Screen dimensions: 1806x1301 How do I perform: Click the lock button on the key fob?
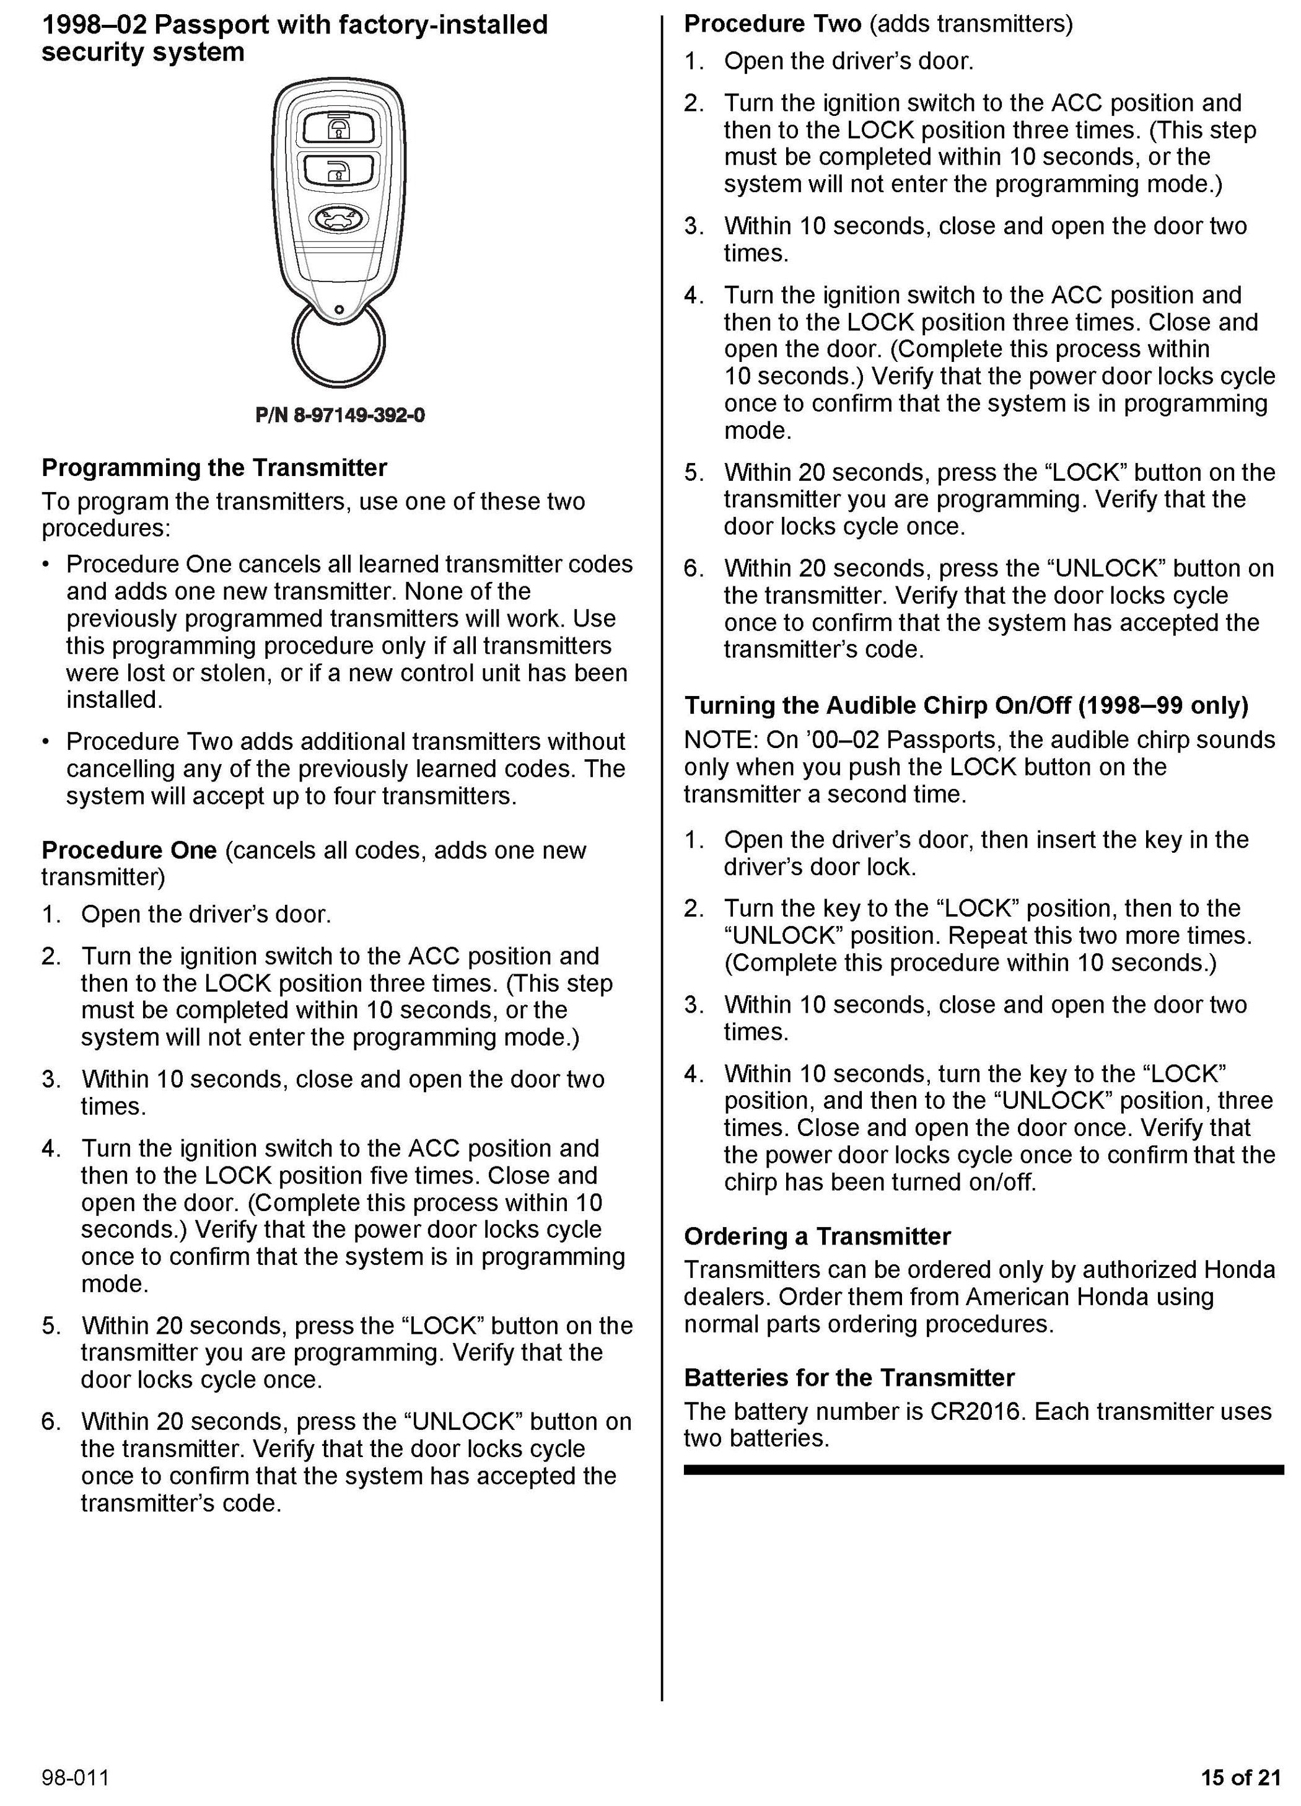pyautogui.click(x=338, y=128)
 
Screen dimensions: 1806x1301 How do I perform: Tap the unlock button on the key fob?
pyautogui.click(x=338, y=170)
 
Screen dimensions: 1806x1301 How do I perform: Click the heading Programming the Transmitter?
pyautogui.click(x=214, y=467)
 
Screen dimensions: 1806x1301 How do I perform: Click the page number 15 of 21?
pyautogui.click(x=1240, y=1777)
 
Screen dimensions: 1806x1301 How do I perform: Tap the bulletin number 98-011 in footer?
pyautogui.click(x=76, y=1777)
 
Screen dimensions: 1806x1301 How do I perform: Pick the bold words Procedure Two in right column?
pyautogui.click(x=773, y=24)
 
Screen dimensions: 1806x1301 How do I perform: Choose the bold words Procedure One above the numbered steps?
pyautogui.click(x=129, y=850)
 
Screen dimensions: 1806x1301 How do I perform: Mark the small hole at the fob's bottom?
pyautogui.click(x=339, y=310)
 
